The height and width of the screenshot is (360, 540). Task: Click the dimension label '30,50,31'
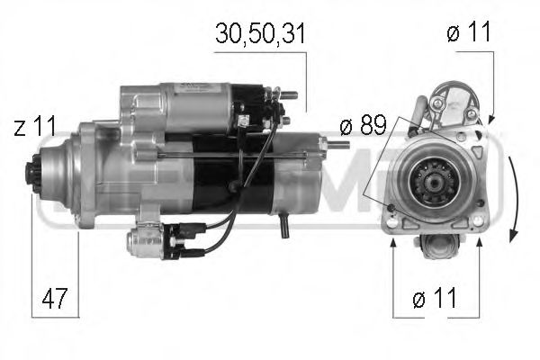point(261,34)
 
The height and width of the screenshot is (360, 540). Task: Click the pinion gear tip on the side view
point(37,170)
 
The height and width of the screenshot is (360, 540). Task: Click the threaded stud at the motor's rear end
point(337,143)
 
